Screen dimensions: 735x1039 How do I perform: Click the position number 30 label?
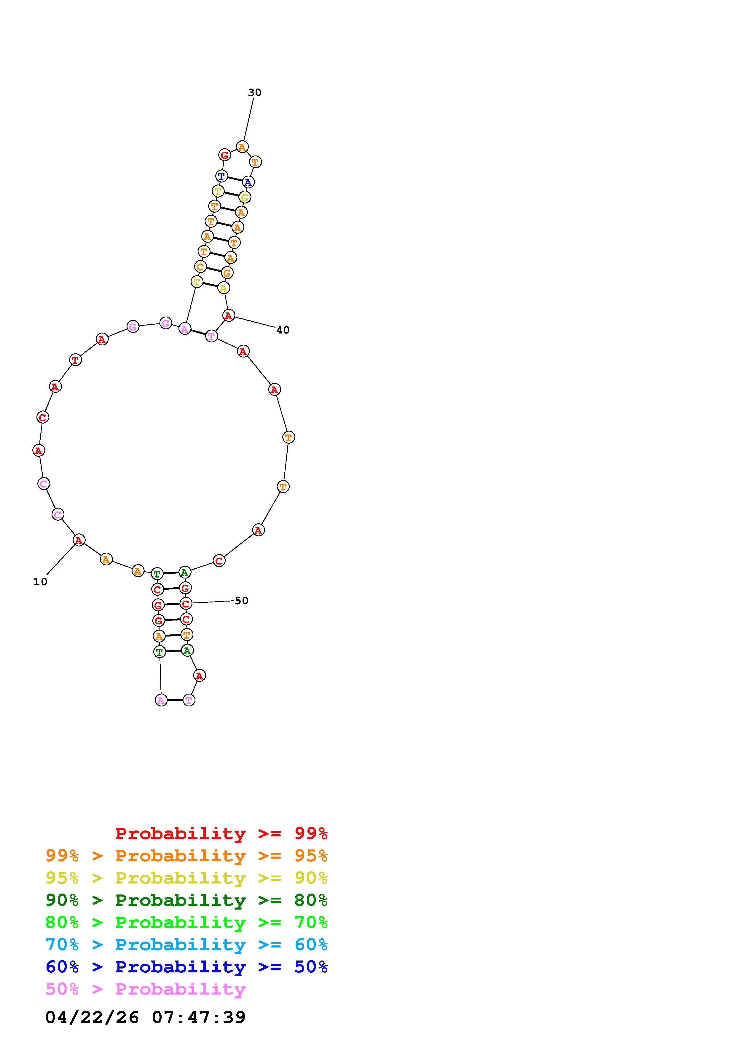point(254,93)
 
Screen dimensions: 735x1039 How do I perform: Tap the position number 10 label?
point(40,582)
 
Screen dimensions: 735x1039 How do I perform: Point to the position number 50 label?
point(241,601)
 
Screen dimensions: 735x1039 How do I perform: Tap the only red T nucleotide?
point(76,360)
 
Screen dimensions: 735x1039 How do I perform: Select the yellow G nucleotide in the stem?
point(245,197)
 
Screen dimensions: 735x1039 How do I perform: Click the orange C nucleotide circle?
point(200,267)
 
